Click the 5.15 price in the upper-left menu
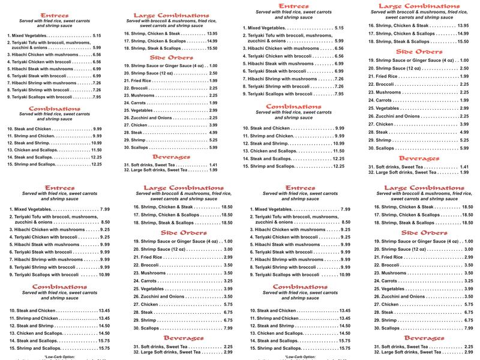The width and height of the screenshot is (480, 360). [97, 36]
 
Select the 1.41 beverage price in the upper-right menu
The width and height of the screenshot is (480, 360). [464, 166]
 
